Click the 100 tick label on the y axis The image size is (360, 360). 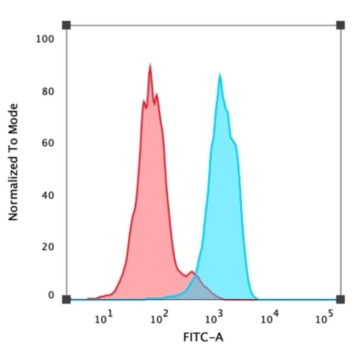(x=44, y=39)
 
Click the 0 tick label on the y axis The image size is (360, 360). (x=51, y=295)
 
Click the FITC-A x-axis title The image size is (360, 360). (x=203, y=338)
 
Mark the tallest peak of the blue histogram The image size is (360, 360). (x=219, y=75)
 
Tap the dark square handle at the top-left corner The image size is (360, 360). (x=66, y=25)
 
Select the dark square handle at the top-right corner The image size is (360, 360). (x=340, y=25)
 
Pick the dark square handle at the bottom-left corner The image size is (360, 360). (x=66, y=299)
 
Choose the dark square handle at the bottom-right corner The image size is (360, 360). (x=340, y=299)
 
